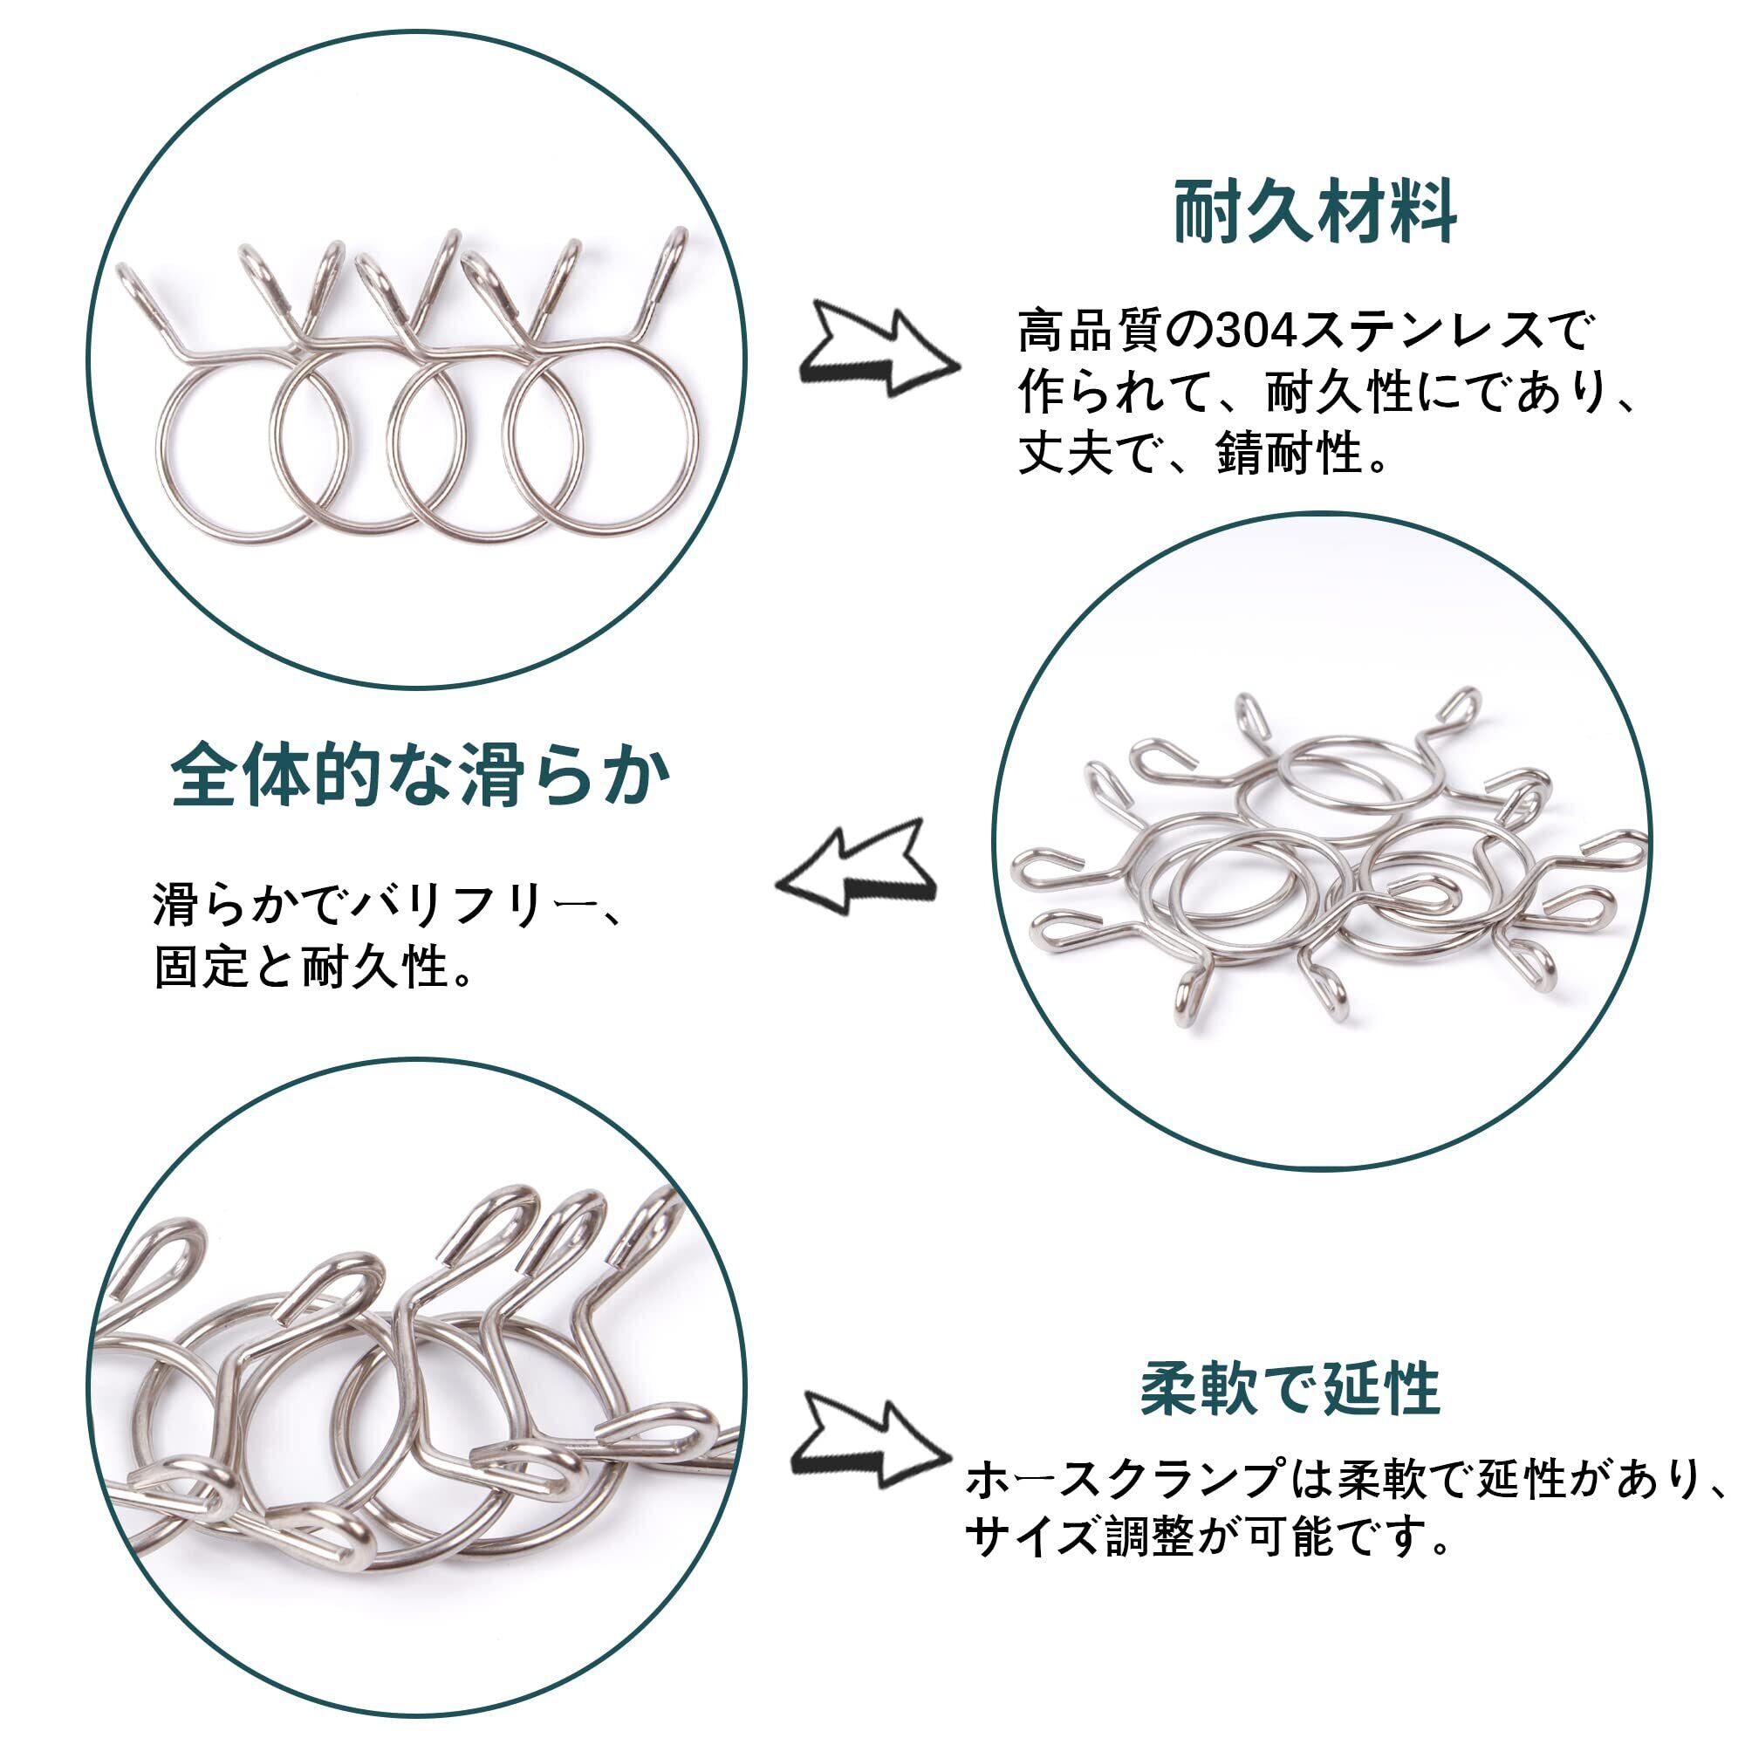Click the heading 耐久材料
coord(1314,213)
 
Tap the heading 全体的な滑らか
coord(421,774)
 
